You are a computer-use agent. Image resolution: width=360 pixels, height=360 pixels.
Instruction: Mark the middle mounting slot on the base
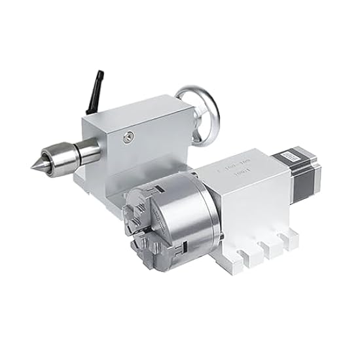[x=266, y=247]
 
